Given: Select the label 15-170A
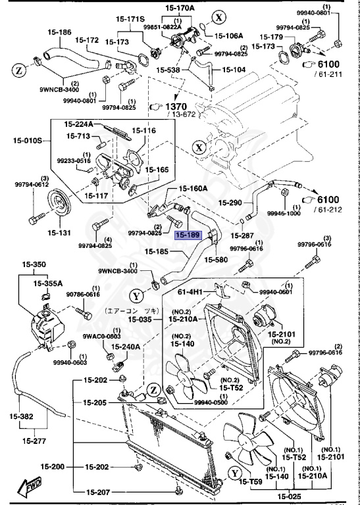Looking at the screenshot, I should pyautogui.click(x=180, y=9).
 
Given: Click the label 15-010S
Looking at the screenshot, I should pyautogui.click(x=25, y=139).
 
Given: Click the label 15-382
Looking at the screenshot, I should pyautogui.click(x=22, y=416).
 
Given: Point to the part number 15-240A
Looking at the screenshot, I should pyautogui.click(x=125, y=347).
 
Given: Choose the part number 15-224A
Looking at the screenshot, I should pyautogui.click(x=79, y=124).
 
